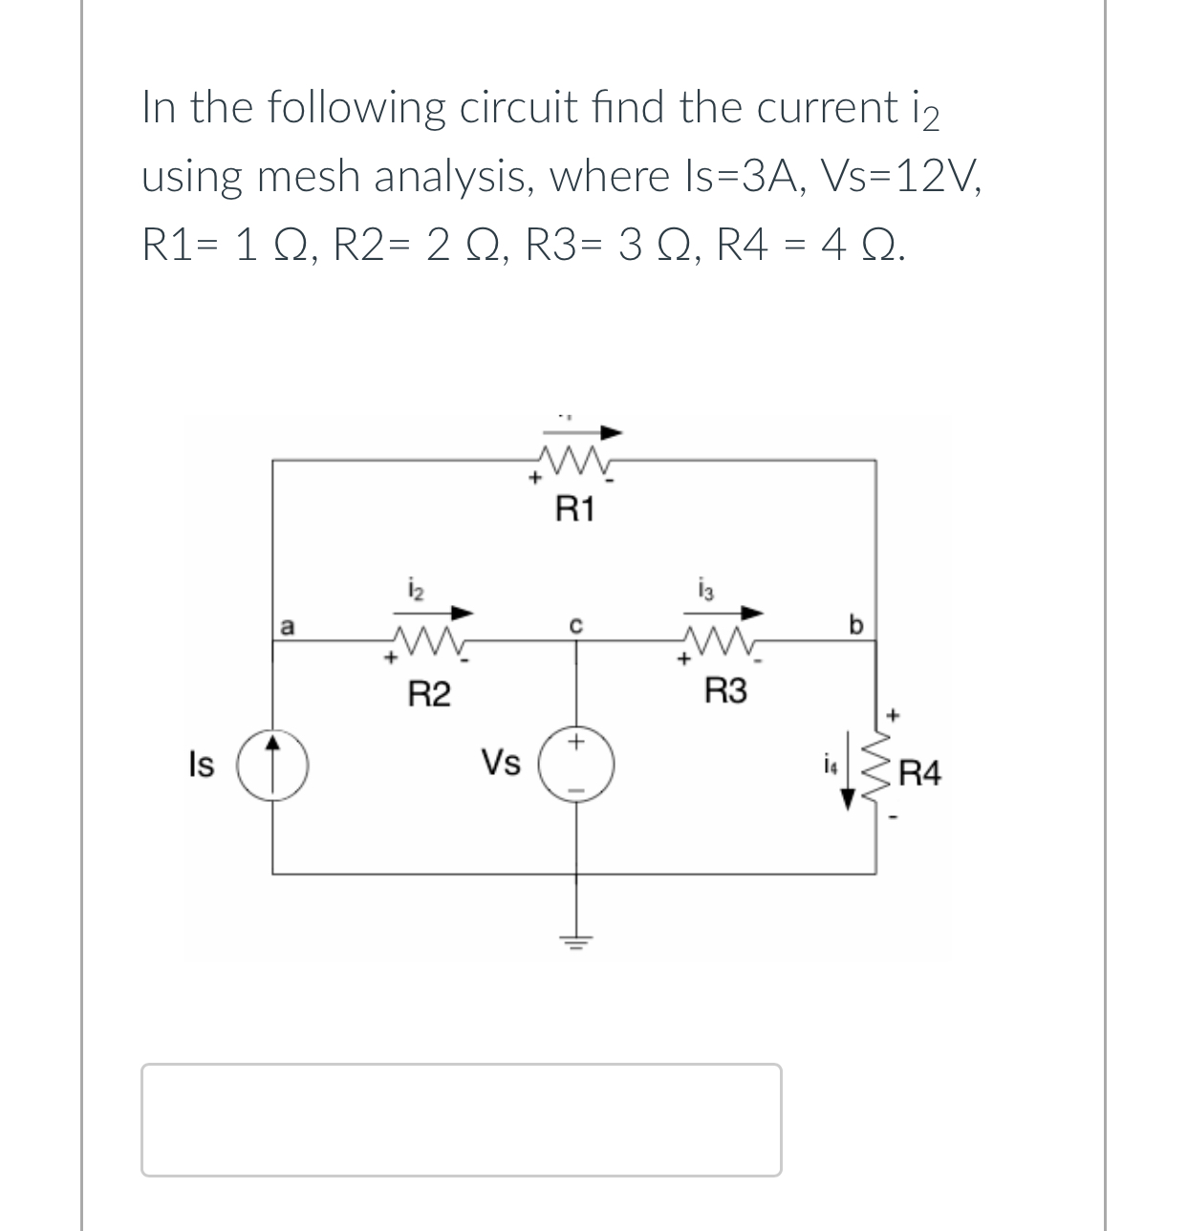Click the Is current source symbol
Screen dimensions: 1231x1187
pyautogui.click(x=273, y=765)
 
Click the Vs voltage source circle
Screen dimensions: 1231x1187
pyautogui.click(x=575, y=766)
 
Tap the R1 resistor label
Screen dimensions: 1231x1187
pyautogui.click(x=575, y=511)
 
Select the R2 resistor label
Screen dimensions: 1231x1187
pyautogui.click(x=429, y=694)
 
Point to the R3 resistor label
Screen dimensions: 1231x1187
pyautogui.click(x=725, y=692)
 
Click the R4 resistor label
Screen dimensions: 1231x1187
pyautogui.click(x=920, y=773)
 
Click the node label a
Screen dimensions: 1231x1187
pyautogui.click(x=286, y=626)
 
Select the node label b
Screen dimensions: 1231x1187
pyautogui.click(x=855, y=626)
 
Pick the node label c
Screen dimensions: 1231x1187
pyautogui.click(x=575, y=626)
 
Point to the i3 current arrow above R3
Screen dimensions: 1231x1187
pyautogui.click(x=732, y=612)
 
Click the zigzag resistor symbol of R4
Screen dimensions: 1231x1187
pyautogui.click(x=877, y=770)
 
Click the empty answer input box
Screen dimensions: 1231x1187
pyautogui.click(x=461, y=1119)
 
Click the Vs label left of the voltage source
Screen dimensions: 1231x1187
pyautogui.click(x=501, y=764)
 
